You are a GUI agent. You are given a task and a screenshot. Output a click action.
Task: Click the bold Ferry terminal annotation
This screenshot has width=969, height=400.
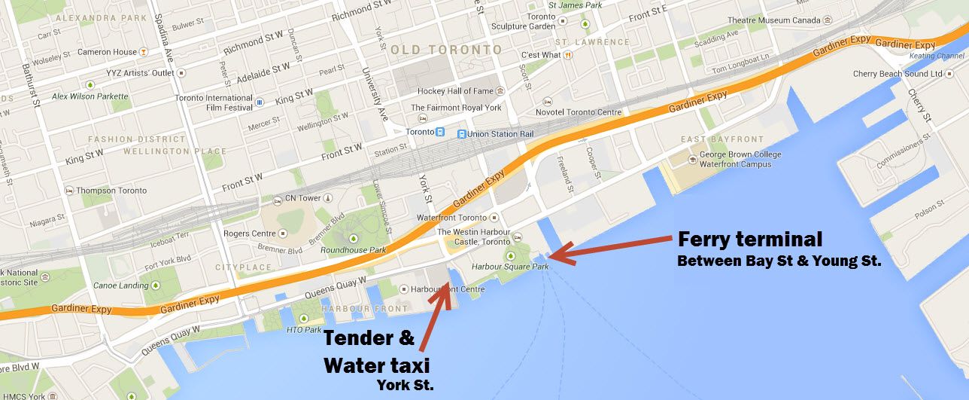(750, 240)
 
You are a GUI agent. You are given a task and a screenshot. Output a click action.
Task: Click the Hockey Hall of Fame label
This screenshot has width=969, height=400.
(456, 91)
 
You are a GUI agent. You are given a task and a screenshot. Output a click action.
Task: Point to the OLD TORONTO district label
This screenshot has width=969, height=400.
(446, 50)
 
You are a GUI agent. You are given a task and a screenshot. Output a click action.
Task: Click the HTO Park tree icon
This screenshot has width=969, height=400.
(304, 319)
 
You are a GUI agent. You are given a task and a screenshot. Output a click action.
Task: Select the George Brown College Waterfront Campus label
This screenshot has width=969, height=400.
(740, 160)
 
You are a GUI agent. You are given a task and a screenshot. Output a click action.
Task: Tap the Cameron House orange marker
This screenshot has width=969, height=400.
(143, 52)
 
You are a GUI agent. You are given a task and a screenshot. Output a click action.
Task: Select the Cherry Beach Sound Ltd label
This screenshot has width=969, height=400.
(898, 74)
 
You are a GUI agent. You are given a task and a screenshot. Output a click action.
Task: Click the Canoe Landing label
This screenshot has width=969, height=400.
(121, 285)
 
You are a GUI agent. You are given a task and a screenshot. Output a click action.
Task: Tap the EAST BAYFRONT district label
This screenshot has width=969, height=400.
(721, 139)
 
